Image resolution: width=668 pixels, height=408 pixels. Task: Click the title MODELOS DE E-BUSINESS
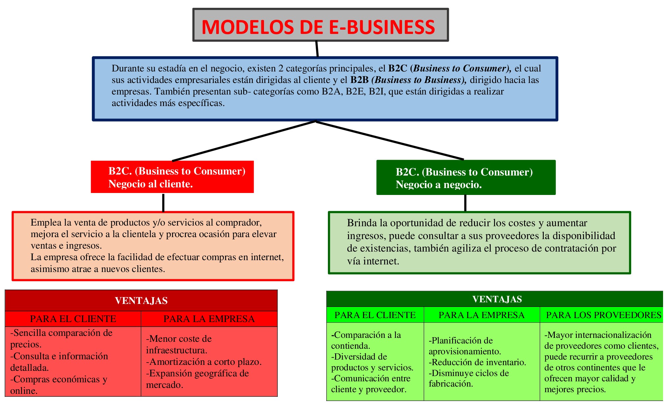318,27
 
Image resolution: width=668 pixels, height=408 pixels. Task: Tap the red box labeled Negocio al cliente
172,177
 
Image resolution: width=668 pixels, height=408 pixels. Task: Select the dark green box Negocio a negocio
465,178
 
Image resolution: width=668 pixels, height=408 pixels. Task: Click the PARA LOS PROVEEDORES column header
603,315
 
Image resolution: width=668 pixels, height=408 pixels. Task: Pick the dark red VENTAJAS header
141,301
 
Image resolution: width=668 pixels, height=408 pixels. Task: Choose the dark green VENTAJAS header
497,299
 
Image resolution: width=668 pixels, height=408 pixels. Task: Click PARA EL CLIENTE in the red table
73,319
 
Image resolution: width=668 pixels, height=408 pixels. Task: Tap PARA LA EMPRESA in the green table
481,315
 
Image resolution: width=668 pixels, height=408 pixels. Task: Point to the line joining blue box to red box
244,141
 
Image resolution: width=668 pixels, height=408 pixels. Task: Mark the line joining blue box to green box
390,141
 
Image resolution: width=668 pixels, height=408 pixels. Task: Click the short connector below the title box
317,49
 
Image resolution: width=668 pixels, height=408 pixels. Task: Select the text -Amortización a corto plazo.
204,362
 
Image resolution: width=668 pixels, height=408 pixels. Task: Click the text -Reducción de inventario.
477,362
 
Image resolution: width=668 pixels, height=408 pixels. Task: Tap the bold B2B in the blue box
359,80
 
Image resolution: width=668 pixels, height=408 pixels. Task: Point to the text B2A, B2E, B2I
353,92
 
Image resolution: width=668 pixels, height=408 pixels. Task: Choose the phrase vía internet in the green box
373,261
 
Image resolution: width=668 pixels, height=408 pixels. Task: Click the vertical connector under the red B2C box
163,203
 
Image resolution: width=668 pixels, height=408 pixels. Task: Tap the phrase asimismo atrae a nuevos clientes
98,269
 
